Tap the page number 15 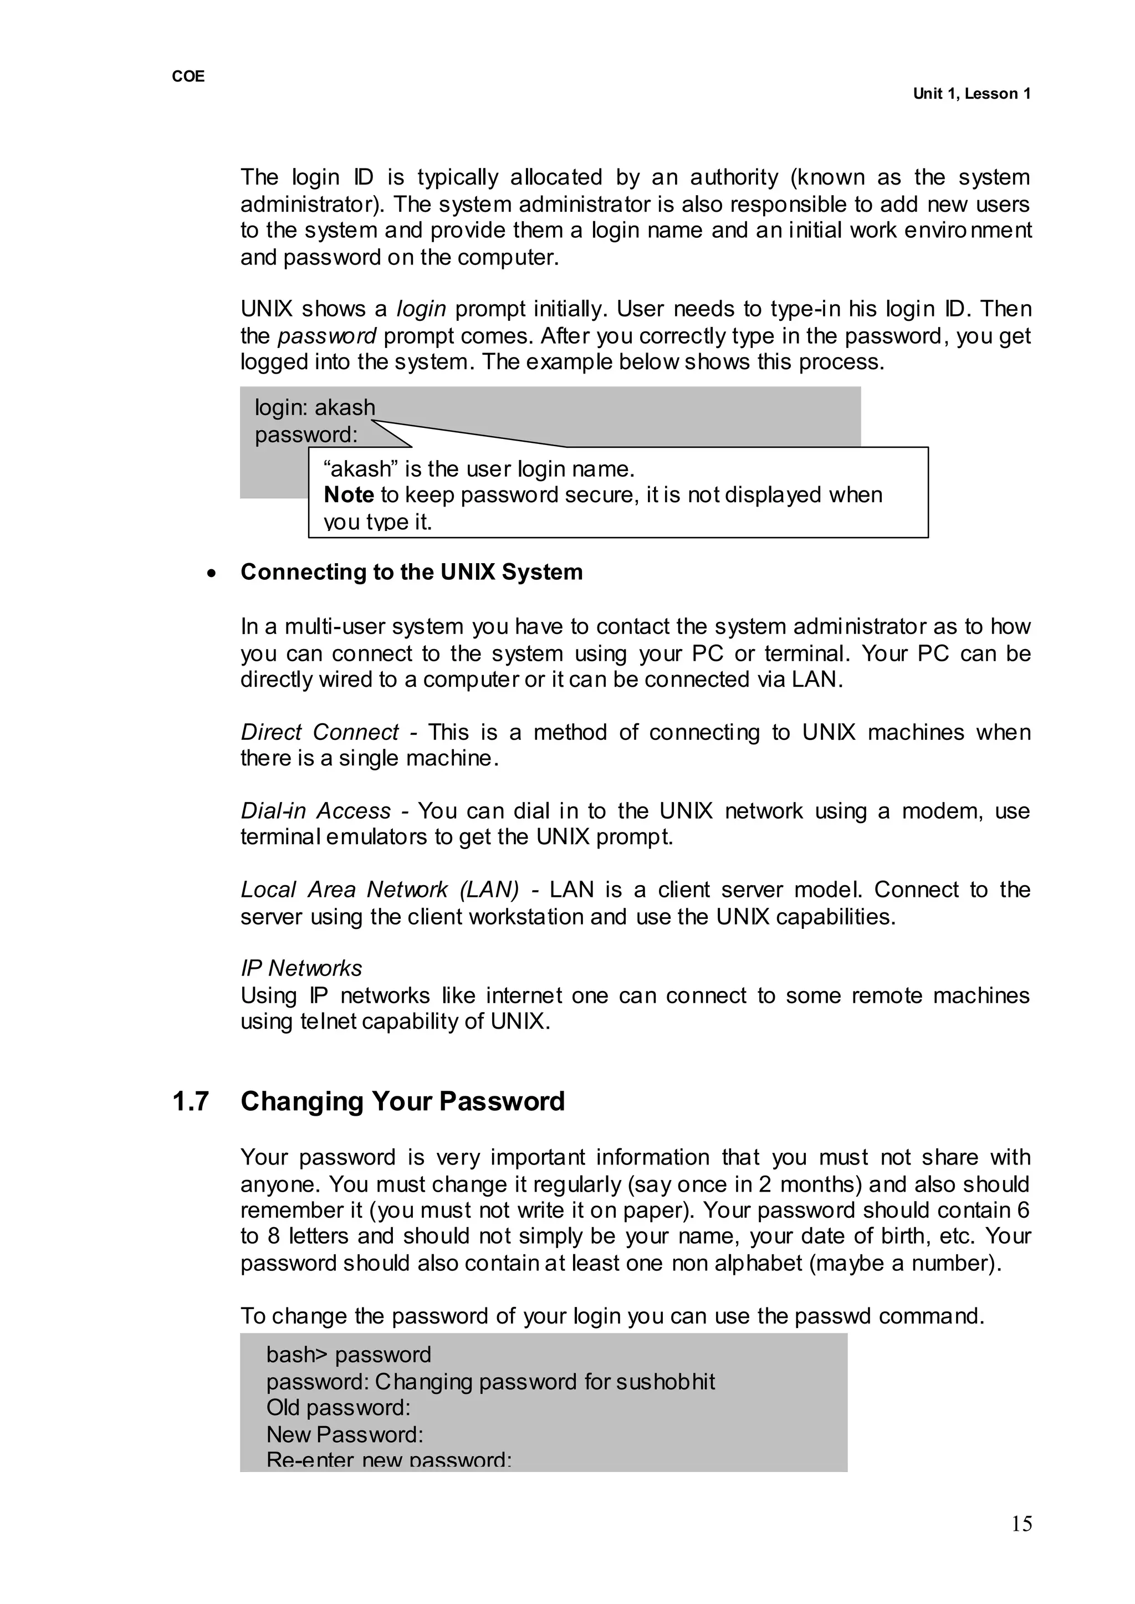[x=1021, y=1524]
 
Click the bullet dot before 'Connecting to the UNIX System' [x=212, y=573]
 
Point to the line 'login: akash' [x=314, y=407]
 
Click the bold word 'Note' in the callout [x=349, y=495]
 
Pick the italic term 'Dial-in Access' [x=315, y=811]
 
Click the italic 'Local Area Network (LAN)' [x=380, y=890]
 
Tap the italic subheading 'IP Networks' [x=301, y=968]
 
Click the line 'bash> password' [x=348, y=1355]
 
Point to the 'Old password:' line [x=338, y=1408]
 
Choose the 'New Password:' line [x=345, y=1434]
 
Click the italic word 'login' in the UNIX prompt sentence [x=421, y=309]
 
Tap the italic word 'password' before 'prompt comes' [x=327, y=336]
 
